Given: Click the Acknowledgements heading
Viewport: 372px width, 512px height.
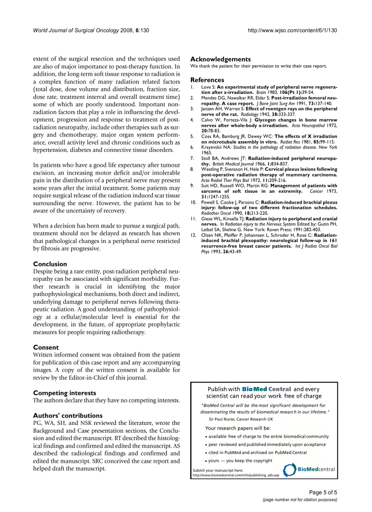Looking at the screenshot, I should tap(220, 59).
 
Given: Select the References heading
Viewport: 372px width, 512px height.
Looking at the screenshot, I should tap(207, 80).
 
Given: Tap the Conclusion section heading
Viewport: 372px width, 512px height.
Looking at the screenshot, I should tap(50, 264).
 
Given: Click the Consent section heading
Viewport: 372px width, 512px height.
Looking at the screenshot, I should tap(46, 347).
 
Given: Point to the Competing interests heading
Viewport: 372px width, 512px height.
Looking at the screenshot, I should tap(65, 393).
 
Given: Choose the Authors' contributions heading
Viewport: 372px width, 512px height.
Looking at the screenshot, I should tap(68, 415).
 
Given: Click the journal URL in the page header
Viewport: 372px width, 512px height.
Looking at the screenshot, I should tap(292, 31).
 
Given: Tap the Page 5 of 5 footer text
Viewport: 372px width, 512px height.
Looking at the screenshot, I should tap(323, 492).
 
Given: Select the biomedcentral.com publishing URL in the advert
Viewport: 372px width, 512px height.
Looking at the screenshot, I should tap(236, 475).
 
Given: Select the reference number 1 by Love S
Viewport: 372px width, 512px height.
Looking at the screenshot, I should tap(192, 87).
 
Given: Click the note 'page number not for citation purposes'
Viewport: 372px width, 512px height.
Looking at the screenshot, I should tap(300, 500).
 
